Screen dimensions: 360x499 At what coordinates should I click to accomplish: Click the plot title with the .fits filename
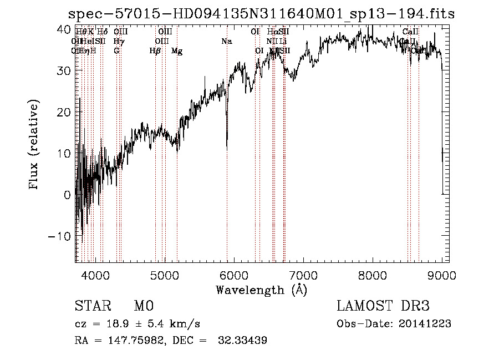[261, 14]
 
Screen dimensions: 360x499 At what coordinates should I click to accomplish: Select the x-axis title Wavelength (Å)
[261, 289]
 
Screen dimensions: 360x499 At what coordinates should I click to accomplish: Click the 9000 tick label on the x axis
[442, 273]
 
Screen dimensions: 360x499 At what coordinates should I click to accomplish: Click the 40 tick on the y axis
[65, 28]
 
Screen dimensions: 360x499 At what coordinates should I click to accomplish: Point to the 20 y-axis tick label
[65, 111]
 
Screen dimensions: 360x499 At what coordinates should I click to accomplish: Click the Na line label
[226, 42]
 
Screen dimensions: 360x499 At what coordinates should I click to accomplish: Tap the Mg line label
[177, 51]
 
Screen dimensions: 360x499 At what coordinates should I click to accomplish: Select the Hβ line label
[155, 51]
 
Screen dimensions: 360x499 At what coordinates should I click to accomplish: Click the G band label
[116, 51]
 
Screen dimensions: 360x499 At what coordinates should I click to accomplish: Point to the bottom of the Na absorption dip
[227, 148]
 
